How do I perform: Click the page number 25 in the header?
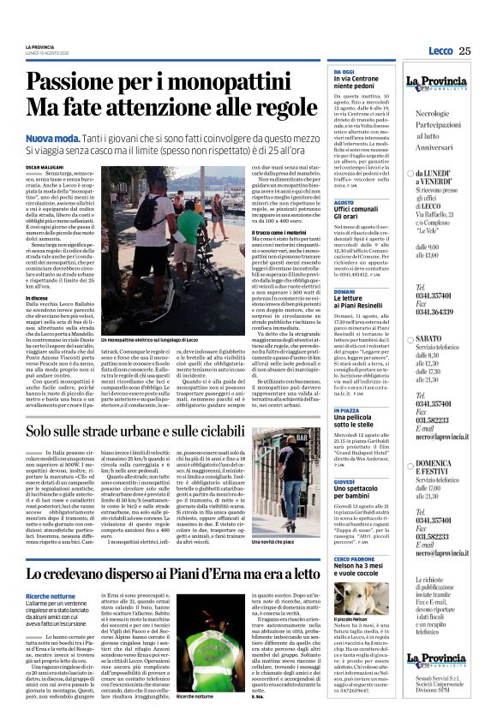click(x=464, y=51)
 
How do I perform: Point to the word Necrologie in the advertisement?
click(x=436, y=114)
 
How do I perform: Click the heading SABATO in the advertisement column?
click(x=430, y=340)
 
